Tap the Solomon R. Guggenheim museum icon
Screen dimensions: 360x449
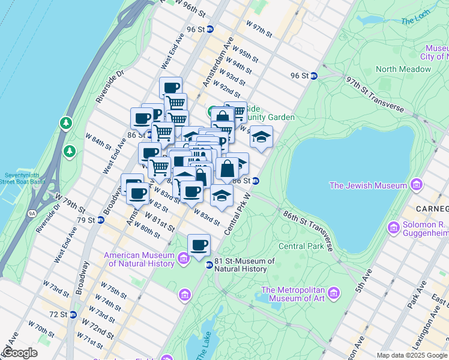pos(394,227)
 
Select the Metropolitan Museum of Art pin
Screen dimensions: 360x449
pos(333,293)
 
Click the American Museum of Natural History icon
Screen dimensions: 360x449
pos(184,259)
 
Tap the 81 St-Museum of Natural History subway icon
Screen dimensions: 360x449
pos(209,265)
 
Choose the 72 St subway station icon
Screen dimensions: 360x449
pos(73,314)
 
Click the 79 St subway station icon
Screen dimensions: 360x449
pos(100,220)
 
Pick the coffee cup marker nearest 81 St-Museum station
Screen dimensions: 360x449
pos(199,245)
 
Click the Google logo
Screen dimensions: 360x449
pos(20,352)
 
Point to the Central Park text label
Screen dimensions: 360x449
pos(301,246)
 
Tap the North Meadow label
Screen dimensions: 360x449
pos(403,69)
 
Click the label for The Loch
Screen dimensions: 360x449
pos(415,20)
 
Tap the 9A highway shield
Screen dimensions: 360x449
pos(31,212)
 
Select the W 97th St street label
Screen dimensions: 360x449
pos(259,28)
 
